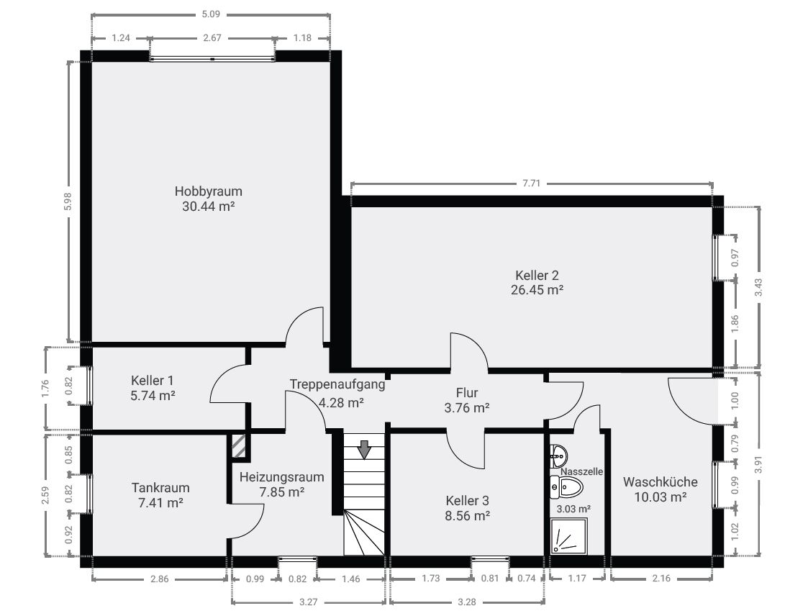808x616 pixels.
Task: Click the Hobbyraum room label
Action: coord(208,191)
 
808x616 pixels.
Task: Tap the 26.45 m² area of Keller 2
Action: coord(537,290)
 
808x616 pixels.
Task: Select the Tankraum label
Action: coord(160,488)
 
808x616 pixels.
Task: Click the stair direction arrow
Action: coord(364,449)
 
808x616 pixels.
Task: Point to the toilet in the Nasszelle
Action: coord(566,486)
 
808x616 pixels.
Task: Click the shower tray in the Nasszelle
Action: coord(569,536)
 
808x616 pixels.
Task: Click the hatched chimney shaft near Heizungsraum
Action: coord(239,446)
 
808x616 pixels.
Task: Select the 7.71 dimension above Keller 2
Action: coord(531,184)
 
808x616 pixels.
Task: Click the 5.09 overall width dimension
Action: coord(211,14)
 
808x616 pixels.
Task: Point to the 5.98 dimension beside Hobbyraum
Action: coord(68,201)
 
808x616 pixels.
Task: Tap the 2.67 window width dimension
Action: coord(212,38)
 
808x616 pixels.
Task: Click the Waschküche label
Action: coord(660,482)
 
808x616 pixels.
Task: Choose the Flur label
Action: coord(467,393)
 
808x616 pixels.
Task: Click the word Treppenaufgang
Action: coord(337,384)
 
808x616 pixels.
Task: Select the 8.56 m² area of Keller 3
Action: coord(468,515)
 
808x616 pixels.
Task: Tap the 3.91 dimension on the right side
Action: coord(758,464)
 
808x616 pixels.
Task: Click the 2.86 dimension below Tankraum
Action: coord(159,579)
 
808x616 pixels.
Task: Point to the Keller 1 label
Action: coord(152,381)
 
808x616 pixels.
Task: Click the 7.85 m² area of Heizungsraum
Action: coord(282,492)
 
